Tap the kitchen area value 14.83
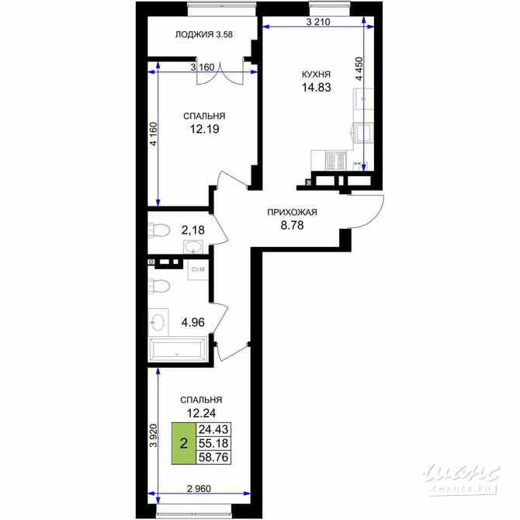316,88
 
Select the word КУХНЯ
316,75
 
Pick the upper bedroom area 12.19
204,130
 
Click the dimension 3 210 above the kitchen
318,23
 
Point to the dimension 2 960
199,488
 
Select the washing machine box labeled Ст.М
197,269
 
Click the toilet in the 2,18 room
159,231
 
